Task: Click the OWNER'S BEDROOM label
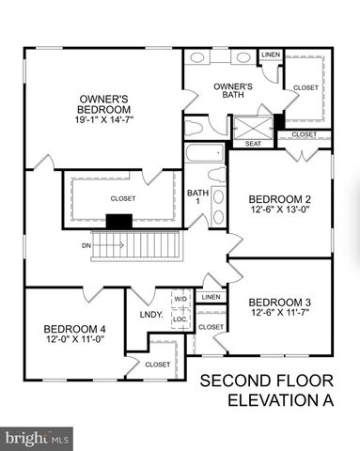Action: (x=110, y=103)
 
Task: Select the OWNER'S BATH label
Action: (x=216, y=90)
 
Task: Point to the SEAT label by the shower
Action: (x=253, y=144)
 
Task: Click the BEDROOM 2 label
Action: (x=279, y=199)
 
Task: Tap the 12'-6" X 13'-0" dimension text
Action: (x=279, y=210)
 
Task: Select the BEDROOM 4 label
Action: (x=74, y=329)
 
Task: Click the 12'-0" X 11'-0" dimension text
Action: (x=74, y=340)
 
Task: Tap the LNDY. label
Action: (x=151, y=315)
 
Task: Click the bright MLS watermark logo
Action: (x=38, y=437)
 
